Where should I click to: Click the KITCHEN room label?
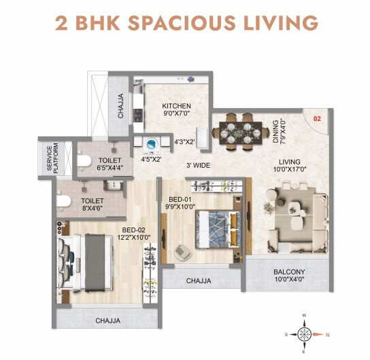point(176,106)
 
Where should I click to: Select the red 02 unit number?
point(317,118)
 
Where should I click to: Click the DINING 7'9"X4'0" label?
point(279,132)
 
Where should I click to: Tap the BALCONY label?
point(289,272)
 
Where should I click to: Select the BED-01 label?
point(180,199)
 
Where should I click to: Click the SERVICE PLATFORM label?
point(52,158)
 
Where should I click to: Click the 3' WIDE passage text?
point(198,165)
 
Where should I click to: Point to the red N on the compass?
point(328,335)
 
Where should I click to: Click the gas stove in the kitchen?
point(138,115)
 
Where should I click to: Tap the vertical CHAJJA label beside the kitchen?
point(120,105)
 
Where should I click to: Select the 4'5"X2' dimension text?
point(151,159)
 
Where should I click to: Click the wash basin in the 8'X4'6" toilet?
point(114,185)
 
